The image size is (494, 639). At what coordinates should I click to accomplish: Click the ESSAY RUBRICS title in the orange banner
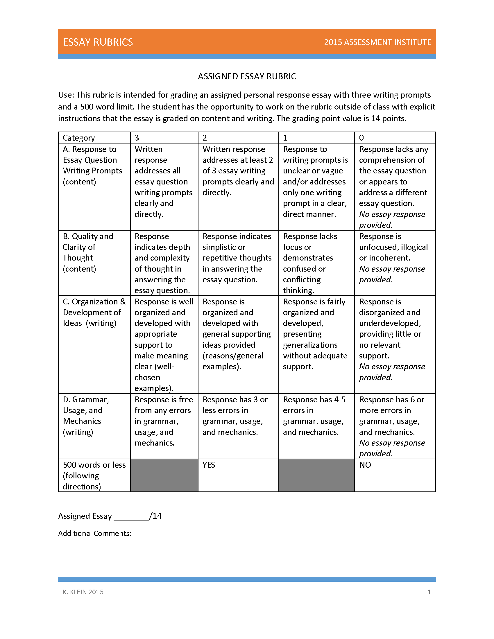coord(98,42)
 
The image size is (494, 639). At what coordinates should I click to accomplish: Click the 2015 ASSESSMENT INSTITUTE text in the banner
coord(377,42)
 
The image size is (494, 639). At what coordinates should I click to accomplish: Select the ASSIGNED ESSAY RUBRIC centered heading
coord(247,76)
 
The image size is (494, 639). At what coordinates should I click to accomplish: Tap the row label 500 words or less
coord(94,475)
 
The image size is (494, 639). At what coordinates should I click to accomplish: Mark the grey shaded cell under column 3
coord(164,475)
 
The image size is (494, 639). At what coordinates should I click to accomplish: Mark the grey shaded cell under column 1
coord(316,475)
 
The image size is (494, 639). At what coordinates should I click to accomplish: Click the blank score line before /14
coord(131,517)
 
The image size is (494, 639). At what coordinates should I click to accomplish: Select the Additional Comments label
coord(94,533)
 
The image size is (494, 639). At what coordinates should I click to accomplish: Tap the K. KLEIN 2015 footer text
coord(83,592)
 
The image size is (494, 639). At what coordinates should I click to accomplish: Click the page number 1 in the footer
coord(429,592)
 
